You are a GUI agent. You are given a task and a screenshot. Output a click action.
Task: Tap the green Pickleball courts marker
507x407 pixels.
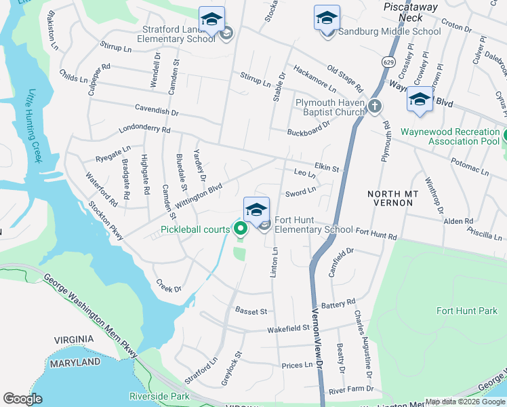240,229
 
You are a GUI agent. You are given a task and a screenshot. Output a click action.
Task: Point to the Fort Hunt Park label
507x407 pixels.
467,311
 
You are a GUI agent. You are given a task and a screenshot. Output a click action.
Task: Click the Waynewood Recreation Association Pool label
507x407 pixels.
450,136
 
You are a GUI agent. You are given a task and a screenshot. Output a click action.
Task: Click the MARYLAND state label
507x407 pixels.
76,363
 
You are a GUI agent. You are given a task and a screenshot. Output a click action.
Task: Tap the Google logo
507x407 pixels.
22,399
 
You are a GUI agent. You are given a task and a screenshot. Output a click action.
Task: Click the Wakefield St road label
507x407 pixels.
287,328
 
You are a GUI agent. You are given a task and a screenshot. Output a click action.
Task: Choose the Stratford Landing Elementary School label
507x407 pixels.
178,34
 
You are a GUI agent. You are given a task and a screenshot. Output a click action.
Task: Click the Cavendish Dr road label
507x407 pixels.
156,109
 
